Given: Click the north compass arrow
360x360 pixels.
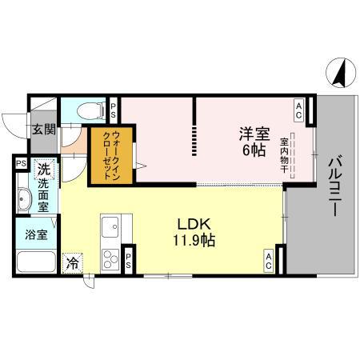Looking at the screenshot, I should (338, 74).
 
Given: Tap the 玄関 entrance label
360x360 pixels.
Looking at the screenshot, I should (43, 129).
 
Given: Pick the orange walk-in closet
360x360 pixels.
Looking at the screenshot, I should (106, 155).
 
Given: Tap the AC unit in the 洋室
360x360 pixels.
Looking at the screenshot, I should (298, 106).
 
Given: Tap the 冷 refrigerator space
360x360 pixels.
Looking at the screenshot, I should (73, 262).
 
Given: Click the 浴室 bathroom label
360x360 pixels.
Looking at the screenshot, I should (34, 236).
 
